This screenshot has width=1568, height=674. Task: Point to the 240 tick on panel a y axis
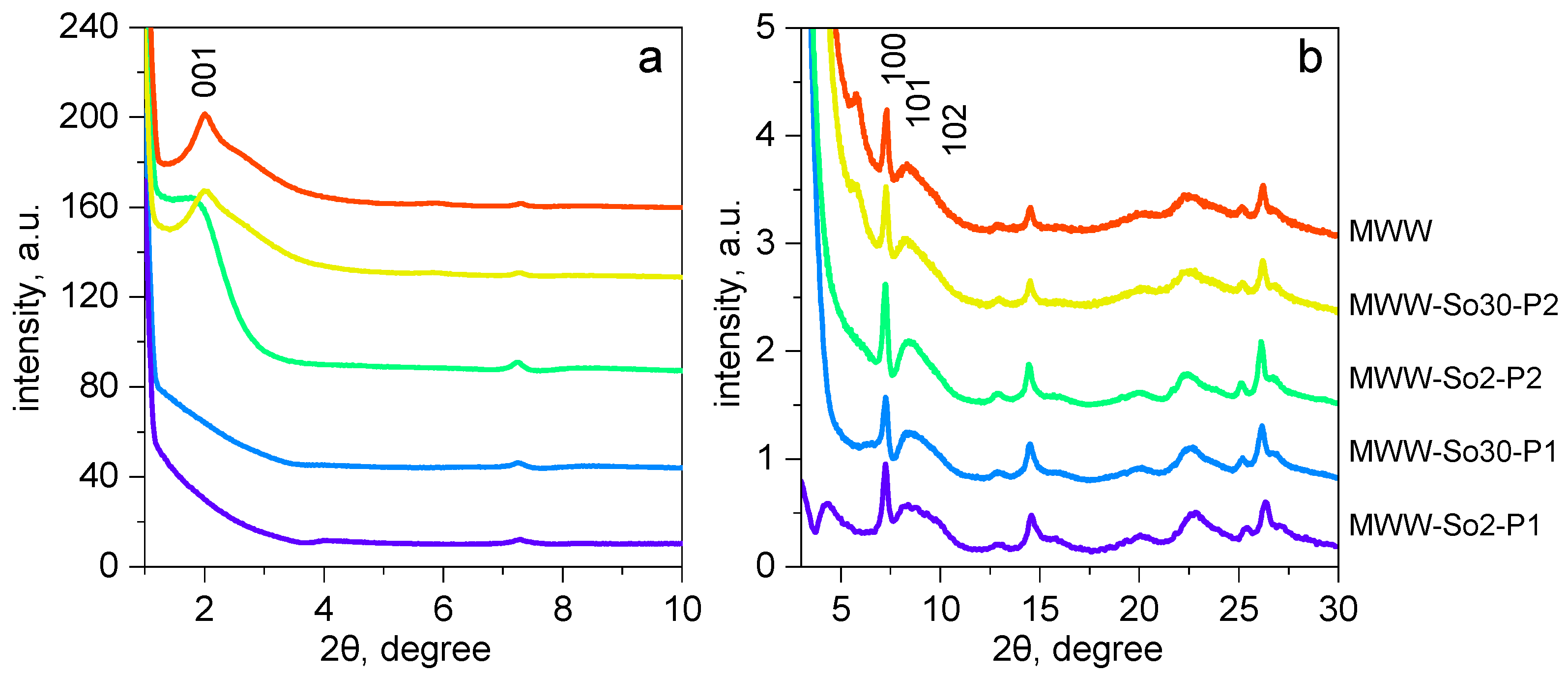pos(89,28)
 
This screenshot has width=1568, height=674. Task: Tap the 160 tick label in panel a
pos(89,207)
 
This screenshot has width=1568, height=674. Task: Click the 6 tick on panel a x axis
pos(443,609)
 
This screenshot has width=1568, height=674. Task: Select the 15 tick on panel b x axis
pos(1040,609)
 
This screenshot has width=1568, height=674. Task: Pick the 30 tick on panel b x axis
pos(1338,609)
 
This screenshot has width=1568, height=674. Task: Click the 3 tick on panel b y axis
pos(765,243)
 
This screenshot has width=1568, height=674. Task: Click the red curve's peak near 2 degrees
pos(204,114)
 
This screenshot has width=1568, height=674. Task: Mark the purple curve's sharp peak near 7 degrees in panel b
pos(886,465)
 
